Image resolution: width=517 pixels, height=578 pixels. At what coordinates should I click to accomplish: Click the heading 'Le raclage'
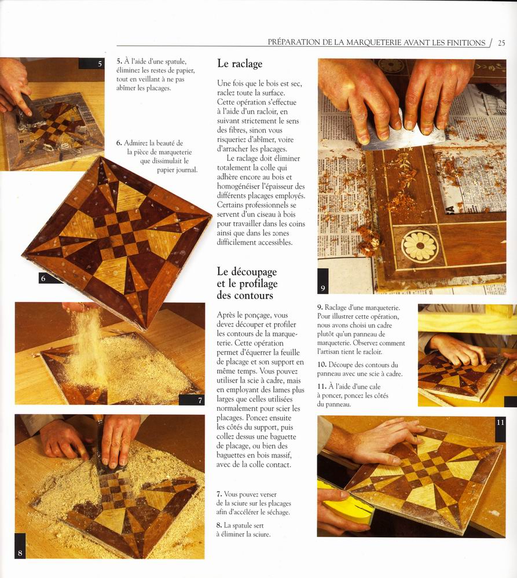[240, 64]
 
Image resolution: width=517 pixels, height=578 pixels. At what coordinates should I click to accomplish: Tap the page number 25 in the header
[501, 43]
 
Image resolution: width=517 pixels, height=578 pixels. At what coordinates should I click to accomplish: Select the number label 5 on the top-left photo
[100, 64]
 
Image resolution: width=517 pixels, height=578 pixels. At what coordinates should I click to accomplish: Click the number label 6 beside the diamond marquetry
[43, 278]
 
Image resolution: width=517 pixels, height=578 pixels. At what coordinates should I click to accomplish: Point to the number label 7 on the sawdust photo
[200, 400]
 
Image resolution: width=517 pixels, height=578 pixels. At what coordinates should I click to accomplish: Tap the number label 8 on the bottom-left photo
[20, 553]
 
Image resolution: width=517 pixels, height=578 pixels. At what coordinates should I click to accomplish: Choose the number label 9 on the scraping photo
[323, 288]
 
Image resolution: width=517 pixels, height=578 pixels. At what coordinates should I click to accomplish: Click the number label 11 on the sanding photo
[500, 422]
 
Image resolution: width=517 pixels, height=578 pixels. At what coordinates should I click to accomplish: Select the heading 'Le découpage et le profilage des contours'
[247, 284]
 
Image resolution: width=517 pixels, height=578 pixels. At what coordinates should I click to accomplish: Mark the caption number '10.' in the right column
[322, 365]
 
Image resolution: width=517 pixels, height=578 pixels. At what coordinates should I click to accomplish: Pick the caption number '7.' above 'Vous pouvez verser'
[219, 494]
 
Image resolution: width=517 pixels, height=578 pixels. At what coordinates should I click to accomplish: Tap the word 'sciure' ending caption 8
[262, 534]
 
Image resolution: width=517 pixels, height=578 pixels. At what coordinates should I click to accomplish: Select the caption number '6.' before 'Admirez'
[119, 143]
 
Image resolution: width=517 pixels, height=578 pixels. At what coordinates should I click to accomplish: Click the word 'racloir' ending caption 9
[372, 352]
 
